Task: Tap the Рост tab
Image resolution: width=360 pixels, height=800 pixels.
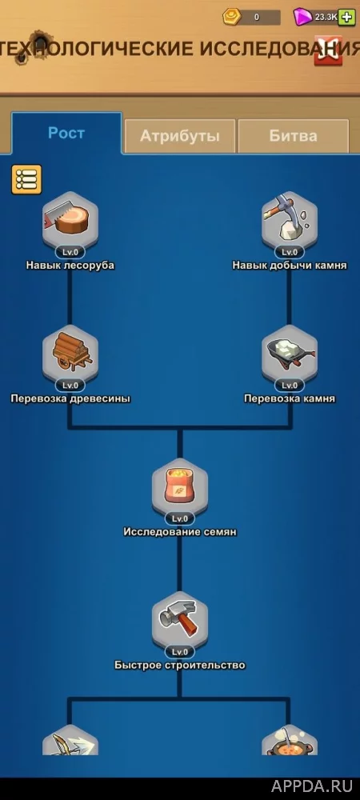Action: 66,133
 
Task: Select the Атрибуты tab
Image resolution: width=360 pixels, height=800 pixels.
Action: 180,136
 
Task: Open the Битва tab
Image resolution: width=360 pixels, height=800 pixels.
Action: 294,136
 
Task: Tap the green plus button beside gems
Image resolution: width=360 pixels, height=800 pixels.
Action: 346,18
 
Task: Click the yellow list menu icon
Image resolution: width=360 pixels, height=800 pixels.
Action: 26,179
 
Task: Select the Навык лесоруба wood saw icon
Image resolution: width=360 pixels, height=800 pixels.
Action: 70,220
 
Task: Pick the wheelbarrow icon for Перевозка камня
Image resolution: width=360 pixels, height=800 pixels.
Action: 290,353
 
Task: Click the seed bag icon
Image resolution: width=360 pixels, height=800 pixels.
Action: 180,486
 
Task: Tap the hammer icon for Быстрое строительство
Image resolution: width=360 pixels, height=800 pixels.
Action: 180,620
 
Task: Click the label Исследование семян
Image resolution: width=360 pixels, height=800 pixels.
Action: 180,532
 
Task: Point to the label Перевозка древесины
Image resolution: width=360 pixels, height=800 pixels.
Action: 70,399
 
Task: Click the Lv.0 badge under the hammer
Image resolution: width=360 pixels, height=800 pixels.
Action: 180,652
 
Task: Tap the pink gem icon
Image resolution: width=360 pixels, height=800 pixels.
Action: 303,18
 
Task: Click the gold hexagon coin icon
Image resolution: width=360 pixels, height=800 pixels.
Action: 232,17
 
